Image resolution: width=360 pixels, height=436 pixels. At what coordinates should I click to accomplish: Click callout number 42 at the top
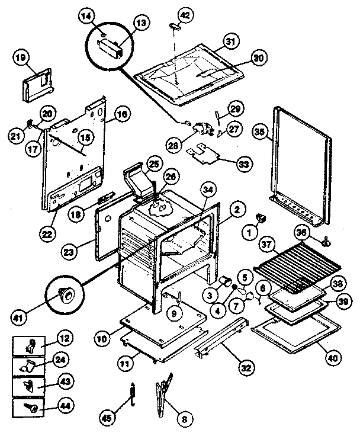point(185,13)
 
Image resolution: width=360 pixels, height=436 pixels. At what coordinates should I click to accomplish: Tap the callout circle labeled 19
point(20,58)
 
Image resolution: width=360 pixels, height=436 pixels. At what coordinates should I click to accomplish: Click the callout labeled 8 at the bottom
point(184,419)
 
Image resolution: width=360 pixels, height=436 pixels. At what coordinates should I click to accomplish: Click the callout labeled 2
point(237,209)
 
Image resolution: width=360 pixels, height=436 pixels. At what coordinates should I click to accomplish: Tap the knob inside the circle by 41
point(66,292)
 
